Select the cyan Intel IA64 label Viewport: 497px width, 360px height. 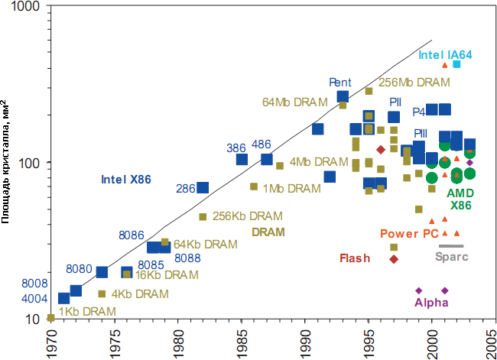pyautogui.click(x=446, y=55)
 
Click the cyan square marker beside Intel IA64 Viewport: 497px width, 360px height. pyautogui.click(x=457, y=64)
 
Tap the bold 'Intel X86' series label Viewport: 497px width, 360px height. pyautogui.click(x=126, y=180)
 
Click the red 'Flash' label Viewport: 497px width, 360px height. pyautogui.click(x=355, y=258)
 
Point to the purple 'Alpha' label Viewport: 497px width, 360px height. pyautogui.click(x=431, y=303)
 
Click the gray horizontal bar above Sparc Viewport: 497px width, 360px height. pyautogui.click(x=451, y=246)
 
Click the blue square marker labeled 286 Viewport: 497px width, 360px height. pyautogui.click(x=203, y=188)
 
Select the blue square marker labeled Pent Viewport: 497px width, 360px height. pyautogui.click(x=343, y=96)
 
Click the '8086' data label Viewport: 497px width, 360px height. pyautogui.click(x=132, y=235)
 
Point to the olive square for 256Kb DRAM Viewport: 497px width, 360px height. pyautogui.click(x=203, y=217)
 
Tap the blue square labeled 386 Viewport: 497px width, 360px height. pyautogui.click(x=242, y=160)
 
